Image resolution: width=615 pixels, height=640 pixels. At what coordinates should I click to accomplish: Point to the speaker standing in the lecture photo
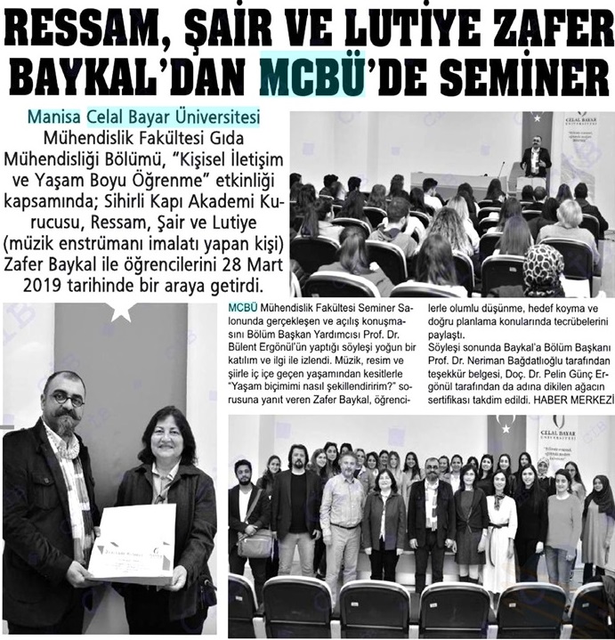[535, 157]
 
